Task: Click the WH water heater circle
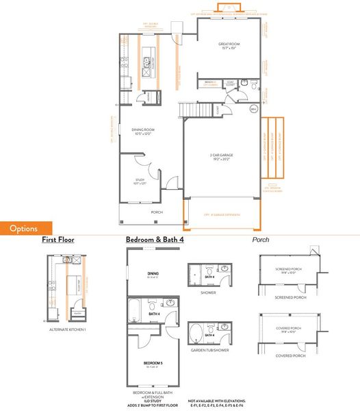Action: [x=253, y=109]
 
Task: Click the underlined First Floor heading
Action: [x=57, y=240]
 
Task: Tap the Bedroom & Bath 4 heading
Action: [x=154, y=240]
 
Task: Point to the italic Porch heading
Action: [x=261, y=240]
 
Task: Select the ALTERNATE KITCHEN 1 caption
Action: [x=68, y=330]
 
